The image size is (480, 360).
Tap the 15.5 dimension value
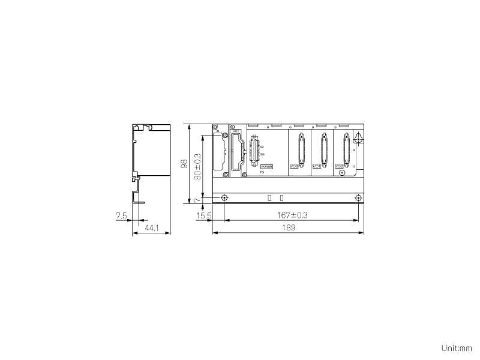pos(204,215)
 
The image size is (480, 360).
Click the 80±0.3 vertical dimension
pos(197,167)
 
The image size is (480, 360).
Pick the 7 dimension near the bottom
pos(196,200)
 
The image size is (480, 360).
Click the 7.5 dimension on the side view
pos(121,215)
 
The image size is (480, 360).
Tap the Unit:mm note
pos(457,348)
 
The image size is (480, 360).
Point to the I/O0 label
pos(294,166)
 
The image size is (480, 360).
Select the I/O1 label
pos(317,166)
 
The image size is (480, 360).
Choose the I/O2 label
pos(338,166)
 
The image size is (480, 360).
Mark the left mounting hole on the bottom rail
pos(224,198)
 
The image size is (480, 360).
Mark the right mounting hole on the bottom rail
pos(358,198)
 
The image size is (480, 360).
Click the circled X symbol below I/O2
pos(342,173)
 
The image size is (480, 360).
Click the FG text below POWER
pos(262,172)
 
